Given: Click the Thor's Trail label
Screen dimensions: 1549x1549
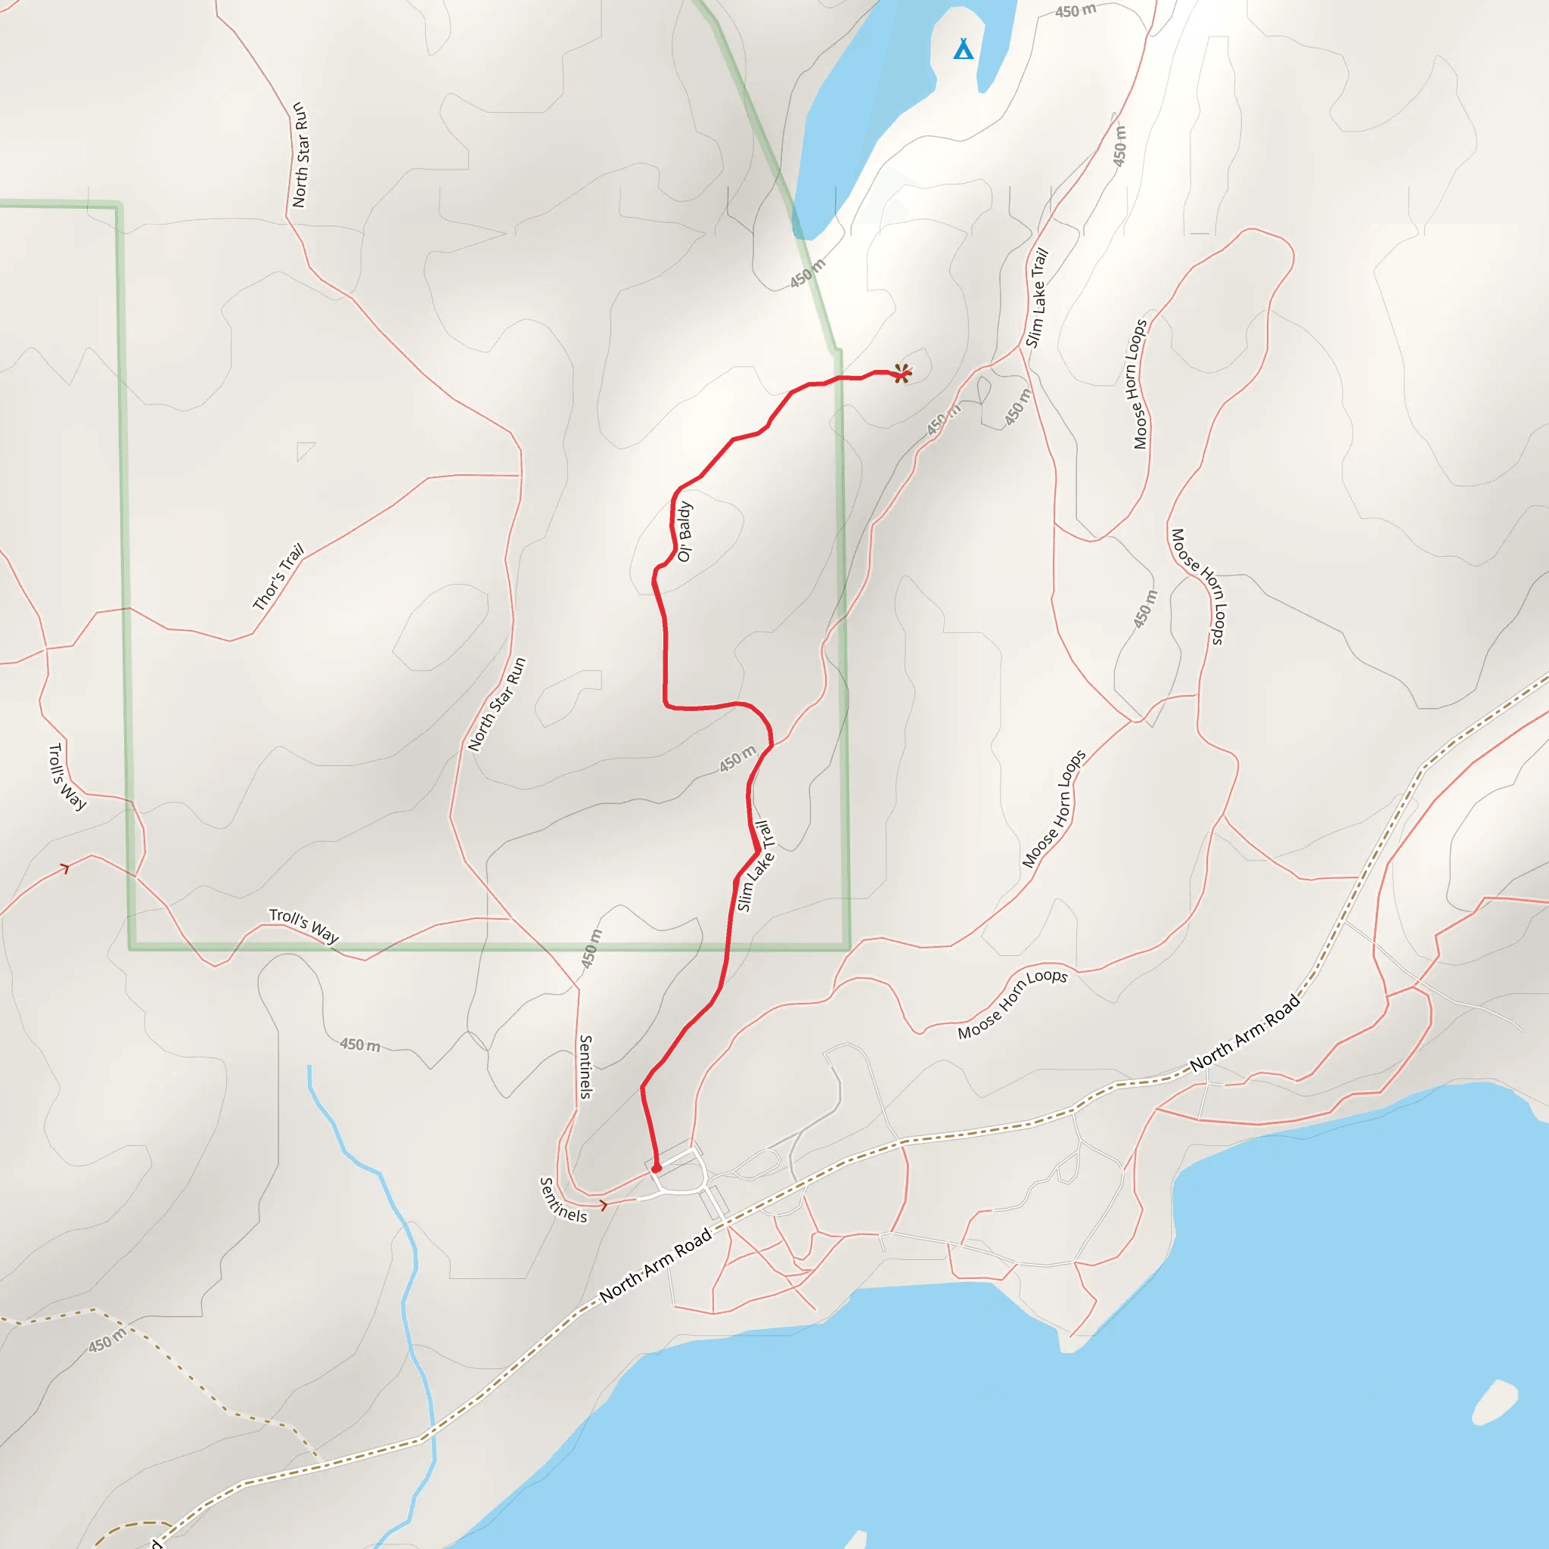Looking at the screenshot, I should click(278, 576).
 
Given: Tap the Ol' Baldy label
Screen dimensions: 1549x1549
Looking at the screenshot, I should click(684, 532).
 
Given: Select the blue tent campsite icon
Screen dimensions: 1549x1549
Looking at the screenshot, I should click(963, 50).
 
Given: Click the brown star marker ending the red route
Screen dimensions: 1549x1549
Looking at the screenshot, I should click(903, 374).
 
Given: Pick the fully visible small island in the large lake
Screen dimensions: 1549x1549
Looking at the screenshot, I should click(1495, 1402).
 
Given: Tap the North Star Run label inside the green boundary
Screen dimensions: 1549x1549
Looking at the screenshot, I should click(497, 704).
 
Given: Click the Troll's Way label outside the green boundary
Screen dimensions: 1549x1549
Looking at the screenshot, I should click(67, 776).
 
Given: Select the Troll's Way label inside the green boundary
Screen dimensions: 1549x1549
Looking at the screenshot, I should click(304, 925).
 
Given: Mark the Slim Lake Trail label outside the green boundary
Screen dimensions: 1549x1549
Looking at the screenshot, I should click(1038, 297).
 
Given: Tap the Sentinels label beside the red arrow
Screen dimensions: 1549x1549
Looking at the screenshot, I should click(563, 1200).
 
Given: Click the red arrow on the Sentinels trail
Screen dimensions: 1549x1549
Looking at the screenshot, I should click(604, 1204).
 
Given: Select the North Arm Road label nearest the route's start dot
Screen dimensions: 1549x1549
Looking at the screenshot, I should click(656, 1265).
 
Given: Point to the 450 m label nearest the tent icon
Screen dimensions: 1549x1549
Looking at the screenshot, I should click(1076, 11).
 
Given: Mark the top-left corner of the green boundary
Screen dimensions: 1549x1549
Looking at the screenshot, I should click(119, 205).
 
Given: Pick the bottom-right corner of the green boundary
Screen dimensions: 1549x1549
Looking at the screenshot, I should click(847, 948).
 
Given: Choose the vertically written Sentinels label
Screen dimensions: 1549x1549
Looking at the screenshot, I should click(586, 1067).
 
